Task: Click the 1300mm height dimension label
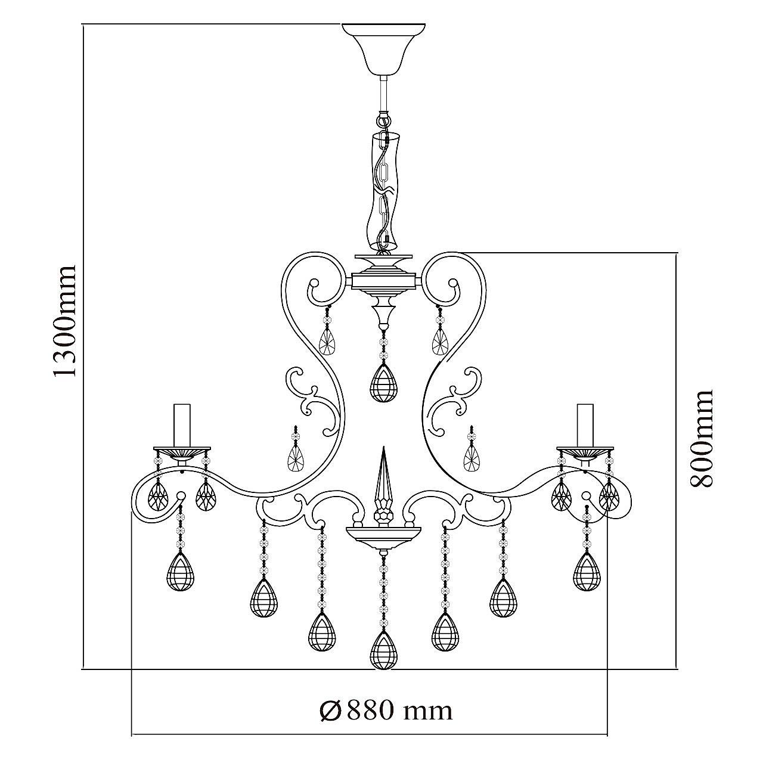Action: point(64,321)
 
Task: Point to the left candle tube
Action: point(182,426)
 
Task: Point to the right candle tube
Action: point(585,426)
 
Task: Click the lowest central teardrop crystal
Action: point(383,653)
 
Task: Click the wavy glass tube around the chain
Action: point(383,193)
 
